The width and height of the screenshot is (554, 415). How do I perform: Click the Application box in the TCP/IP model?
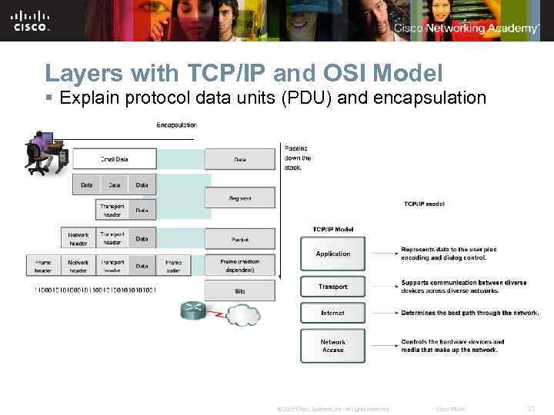[x=332, y=254]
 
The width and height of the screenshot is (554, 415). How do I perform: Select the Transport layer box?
[x=332, y=287]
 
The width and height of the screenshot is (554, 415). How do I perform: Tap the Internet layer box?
[x=332, y=314]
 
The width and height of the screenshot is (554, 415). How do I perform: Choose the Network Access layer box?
[x=332, y=346]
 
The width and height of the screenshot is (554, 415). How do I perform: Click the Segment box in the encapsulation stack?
[x=240, y=198]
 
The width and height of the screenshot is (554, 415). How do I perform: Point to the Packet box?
[x=240, y=239]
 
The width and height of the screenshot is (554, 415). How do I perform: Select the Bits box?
[x=240, y=291]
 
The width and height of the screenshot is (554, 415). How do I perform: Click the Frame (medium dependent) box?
[x=240, y=265]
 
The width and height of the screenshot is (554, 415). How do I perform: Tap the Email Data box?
[x=114, y=159]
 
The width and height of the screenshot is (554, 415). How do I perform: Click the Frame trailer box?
[x=174, y=266]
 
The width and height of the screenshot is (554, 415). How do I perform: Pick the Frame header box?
[x=43, y=266]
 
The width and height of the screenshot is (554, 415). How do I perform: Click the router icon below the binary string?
[x=194, y=310]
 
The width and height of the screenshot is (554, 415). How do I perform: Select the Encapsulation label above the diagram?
[x=176, y=124]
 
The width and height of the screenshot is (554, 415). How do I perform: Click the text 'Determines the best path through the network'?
[x=470, y=314]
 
